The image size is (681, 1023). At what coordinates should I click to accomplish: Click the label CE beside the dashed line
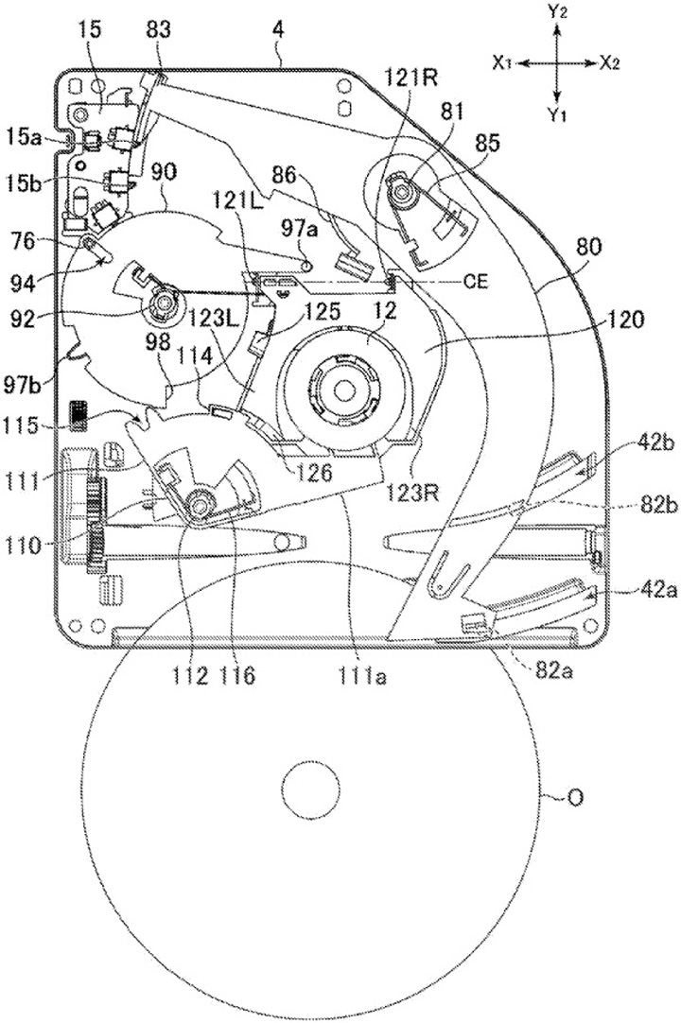pyautogui.click(x=473, y=280)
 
